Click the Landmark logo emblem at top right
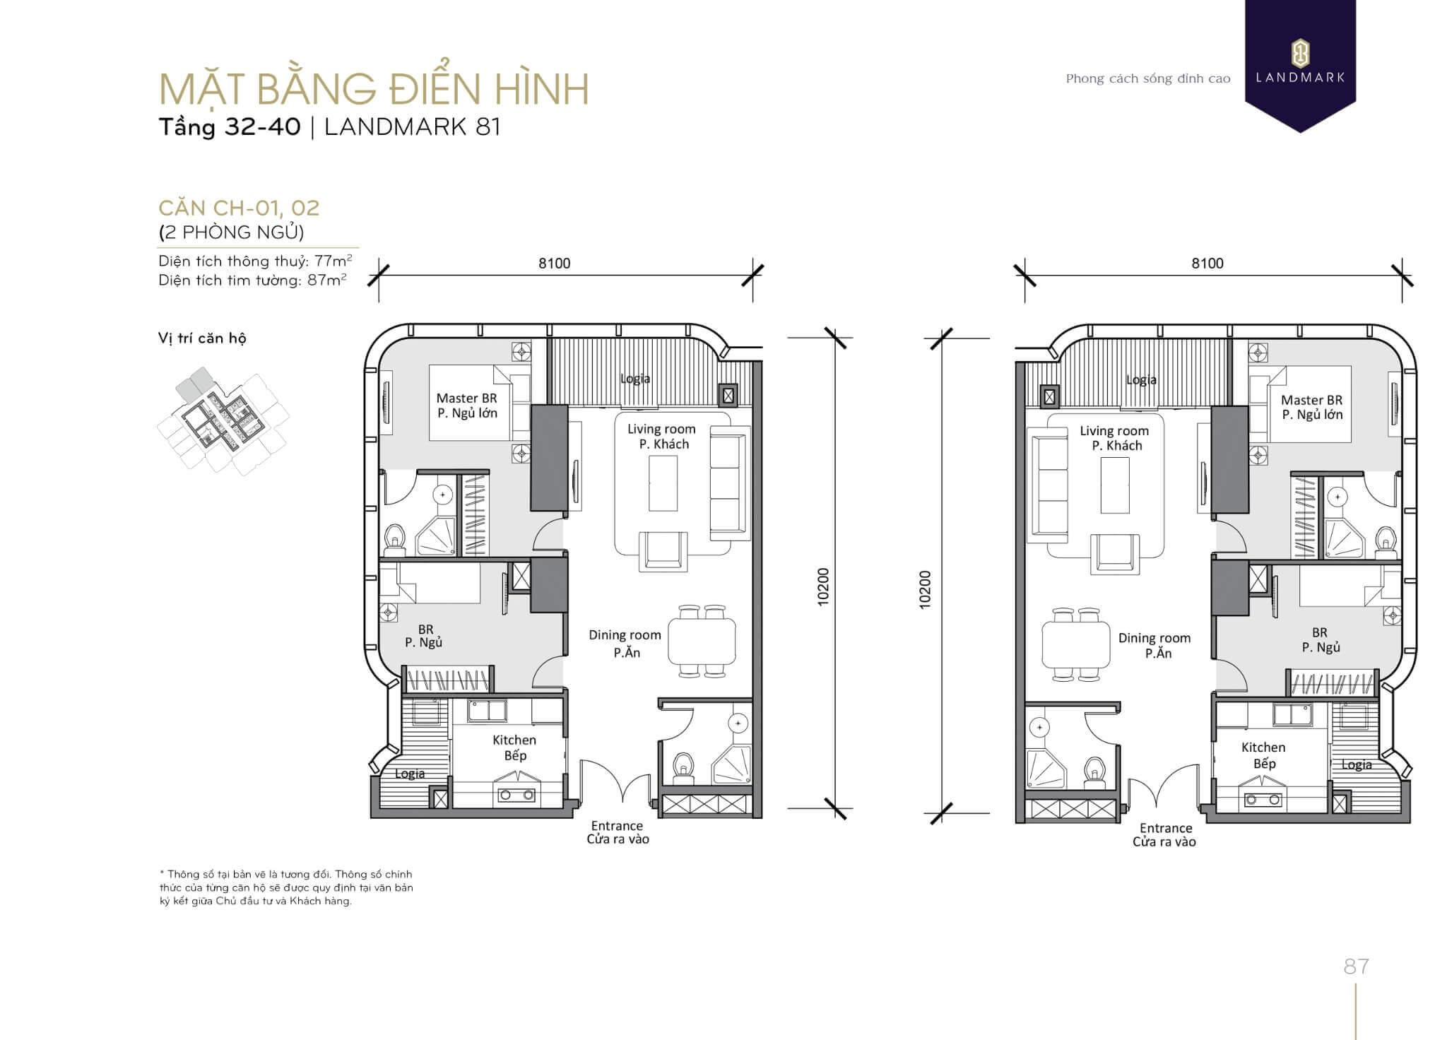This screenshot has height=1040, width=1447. (x=1300, y=53)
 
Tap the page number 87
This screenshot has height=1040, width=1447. (x=1356, y=966)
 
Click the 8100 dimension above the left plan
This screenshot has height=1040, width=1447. (x=554, y=264)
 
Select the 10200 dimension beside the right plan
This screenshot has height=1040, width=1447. (x=925, y=589)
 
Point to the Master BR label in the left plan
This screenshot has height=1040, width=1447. (x=466, y=398)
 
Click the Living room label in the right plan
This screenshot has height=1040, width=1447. (x=1114, y=431)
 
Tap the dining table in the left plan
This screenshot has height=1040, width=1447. (x=702, y=642)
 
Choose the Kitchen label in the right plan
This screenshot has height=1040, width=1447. (x=1263, y=747)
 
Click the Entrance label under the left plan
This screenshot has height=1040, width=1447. (x=617, y=826)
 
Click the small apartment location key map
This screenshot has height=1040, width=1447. (x=223, y=421)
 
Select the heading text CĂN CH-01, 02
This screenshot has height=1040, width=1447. (x=239, y=208)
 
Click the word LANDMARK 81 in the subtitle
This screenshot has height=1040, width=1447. (x=413, y=127)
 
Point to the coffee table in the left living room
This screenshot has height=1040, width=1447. (x=663, y=483)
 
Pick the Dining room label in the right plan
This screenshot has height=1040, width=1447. (x=1154, y=639)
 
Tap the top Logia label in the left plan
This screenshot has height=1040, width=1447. (x=635, y=379)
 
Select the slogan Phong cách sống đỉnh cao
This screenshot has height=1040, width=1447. (x=1148, y=78)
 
